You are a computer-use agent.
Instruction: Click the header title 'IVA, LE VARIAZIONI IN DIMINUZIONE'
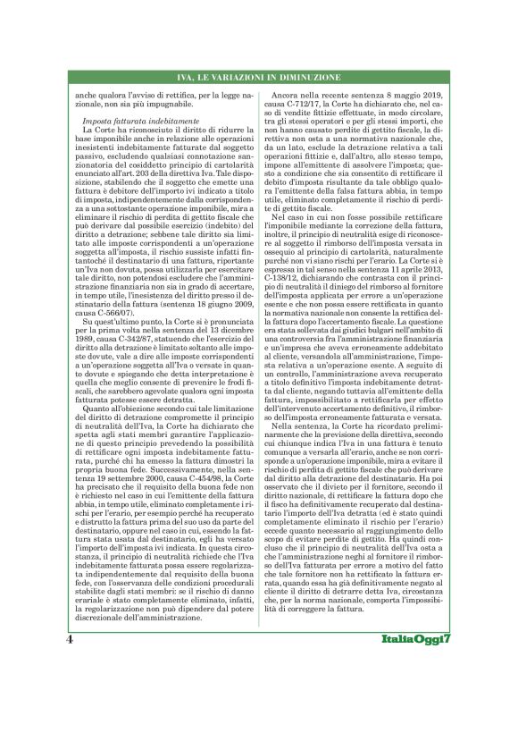pos(259,78)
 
